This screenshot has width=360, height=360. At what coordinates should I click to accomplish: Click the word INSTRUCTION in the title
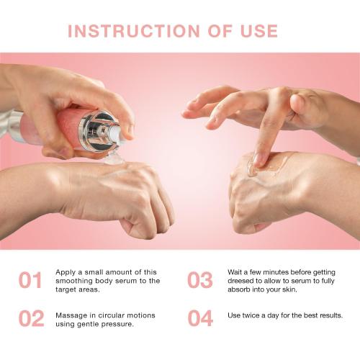134,31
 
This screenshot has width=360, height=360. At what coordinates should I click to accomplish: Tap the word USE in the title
259,31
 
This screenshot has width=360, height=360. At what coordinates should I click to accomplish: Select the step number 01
30,280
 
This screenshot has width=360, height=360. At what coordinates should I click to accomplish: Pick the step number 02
32,318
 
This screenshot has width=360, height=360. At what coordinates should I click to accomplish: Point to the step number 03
200,280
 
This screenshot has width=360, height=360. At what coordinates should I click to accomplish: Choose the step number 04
200,318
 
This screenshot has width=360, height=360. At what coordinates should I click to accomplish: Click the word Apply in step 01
66,273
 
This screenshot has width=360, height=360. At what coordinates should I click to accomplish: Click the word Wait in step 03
235,272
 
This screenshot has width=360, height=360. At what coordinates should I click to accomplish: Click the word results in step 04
331,315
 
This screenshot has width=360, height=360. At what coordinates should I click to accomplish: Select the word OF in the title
220,31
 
